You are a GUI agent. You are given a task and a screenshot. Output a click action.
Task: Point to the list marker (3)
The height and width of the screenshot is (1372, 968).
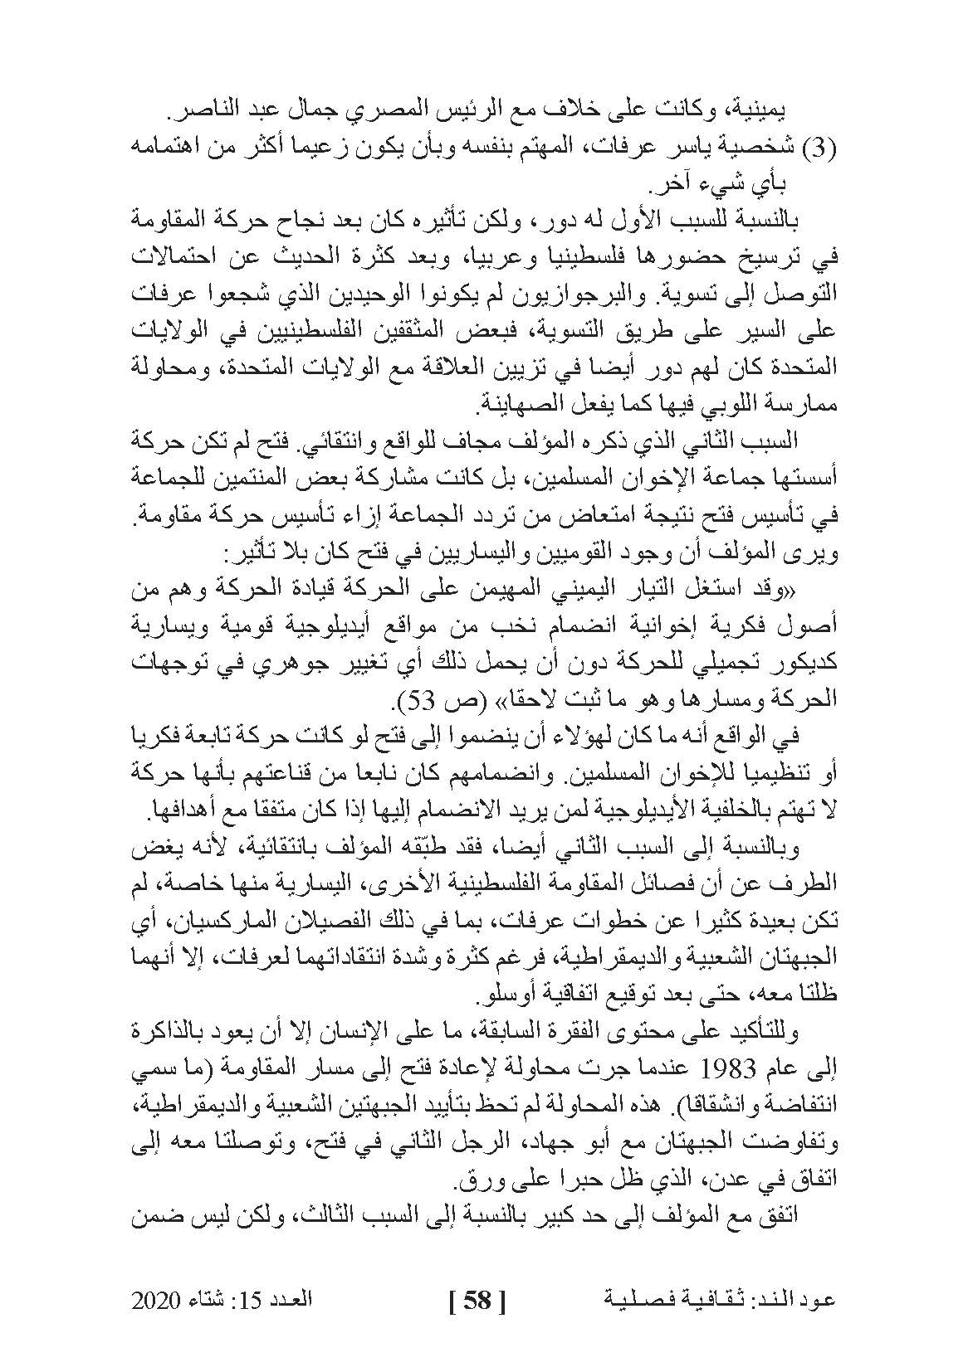(817, 147)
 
